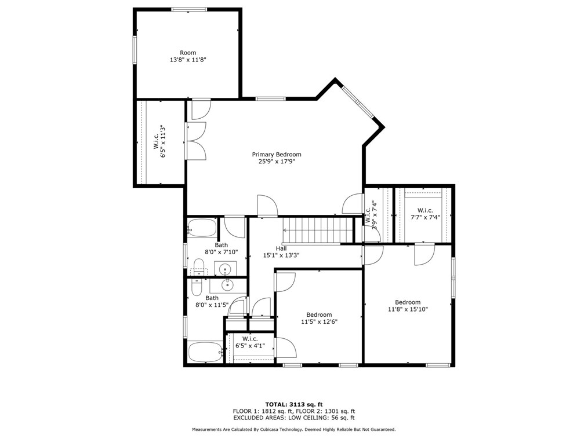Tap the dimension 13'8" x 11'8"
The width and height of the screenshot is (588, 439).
(x=187, y=60)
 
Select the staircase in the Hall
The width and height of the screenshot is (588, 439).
(x=317, y=229)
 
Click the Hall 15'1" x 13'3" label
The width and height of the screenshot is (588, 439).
(x=281, y=251)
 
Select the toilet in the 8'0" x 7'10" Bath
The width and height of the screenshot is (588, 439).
(x=199, y=269)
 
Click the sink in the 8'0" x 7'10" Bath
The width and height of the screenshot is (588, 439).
(x=226, y=269)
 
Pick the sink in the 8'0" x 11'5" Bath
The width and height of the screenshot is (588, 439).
(x=228, y=284)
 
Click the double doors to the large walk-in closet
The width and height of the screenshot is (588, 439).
(x=195, y=141)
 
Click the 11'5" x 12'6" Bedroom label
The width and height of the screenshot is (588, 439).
(x=319, y=318)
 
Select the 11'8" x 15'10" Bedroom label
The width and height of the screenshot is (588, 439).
(x=408, y=305)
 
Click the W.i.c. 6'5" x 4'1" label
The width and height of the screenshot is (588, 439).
(x=250, y=342)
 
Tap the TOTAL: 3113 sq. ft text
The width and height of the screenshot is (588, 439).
(x=294, y=404)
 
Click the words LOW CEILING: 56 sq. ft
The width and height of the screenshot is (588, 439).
(x=324, y=417)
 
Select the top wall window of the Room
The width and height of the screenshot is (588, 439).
(x=189, y=9)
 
